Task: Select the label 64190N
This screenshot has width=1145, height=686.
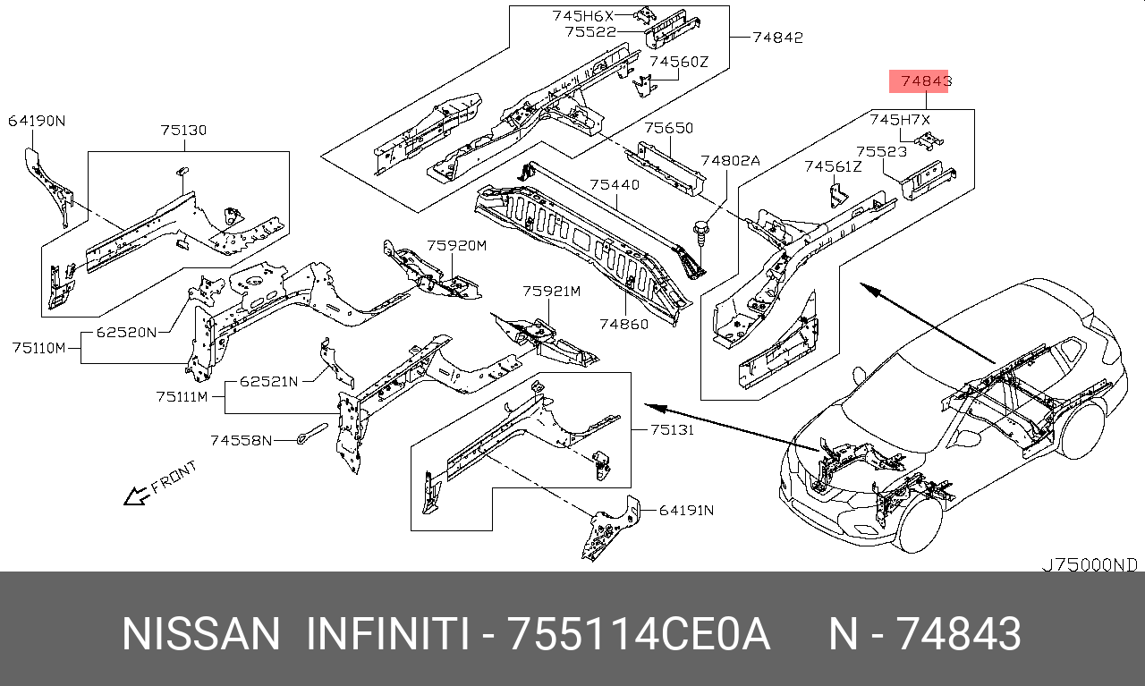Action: [x=37, y=122]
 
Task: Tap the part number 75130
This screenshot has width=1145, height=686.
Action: [x=183, y=131]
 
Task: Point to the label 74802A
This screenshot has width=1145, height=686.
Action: [x=730, y=161]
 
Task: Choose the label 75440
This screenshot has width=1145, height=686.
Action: [x=614, y=185]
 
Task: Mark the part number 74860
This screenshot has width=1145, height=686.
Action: [x=623, y=324]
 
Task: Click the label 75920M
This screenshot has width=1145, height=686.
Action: [x=455, y=245]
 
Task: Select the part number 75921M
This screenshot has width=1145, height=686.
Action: [x=551, y=292]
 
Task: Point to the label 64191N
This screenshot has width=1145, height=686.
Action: [x=686, y=511]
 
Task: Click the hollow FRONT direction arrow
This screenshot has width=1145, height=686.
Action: [x=136, y=495]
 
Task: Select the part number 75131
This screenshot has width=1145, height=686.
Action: [x=673, y=429]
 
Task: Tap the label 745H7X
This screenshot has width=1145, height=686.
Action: [x=900, y=119]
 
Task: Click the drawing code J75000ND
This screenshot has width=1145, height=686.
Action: [x=1089, y=565]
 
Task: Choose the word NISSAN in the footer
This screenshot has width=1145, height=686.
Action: [x=200, y=635]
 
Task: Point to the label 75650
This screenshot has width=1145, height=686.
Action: [x=669, y=129]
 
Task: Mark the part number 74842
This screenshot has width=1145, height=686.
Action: [x=777, y=38]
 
